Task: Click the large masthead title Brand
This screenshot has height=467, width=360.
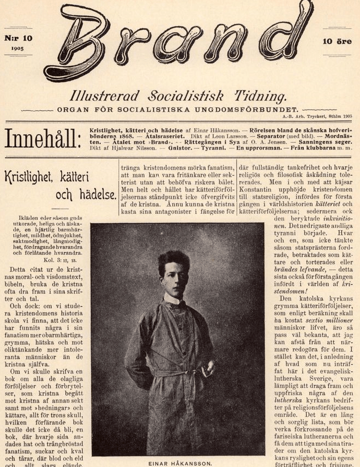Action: click(x=180, y=41)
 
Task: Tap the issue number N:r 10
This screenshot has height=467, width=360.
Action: click(x=19, y=38)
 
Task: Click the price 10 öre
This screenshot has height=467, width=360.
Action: click(x=337, y=41)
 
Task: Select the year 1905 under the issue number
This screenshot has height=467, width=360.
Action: click(x=17, y=49)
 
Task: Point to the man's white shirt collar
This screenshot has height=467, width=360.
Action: click(x=173, y=299)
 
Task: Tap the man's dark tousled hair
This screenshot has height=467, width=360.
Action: click(x=173, y=261)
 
